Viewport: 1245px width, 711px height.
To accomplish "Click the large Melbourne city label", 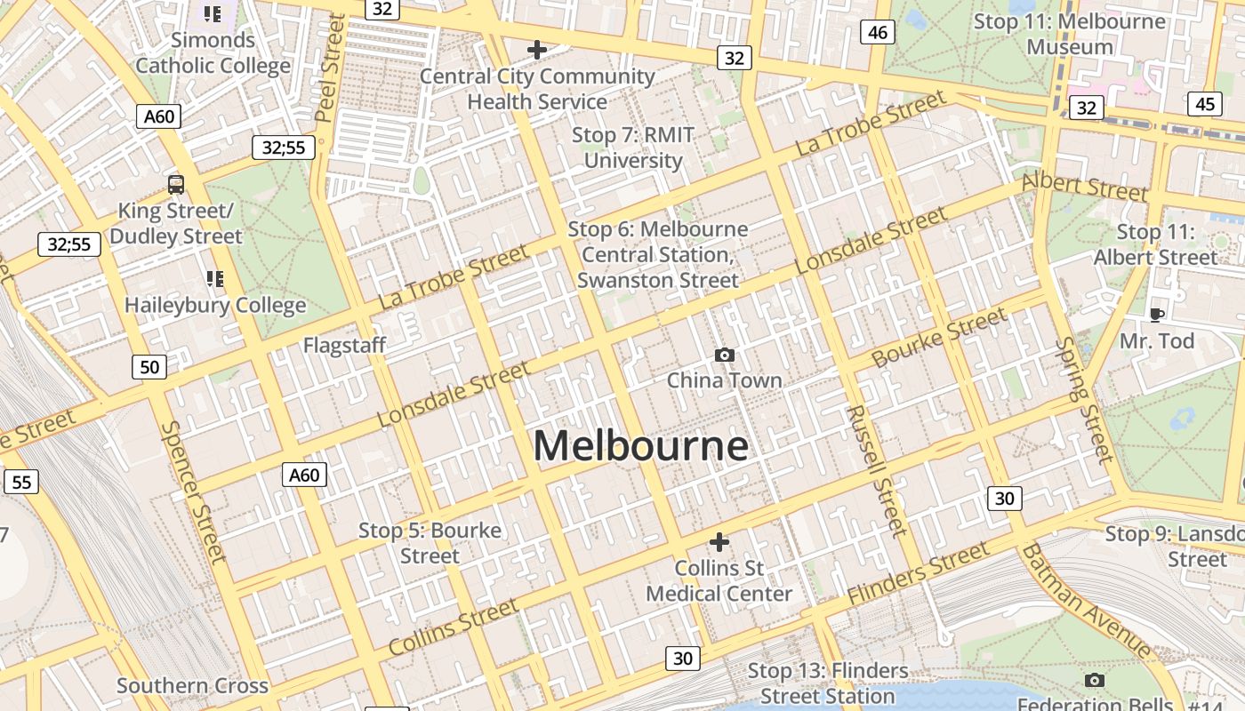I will coord(640,445).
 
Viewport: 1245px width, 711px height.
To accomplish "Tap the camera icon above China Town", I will coord(725,355).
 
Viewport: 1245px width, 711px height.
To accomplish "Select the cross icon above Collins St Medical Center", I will coord(719,541).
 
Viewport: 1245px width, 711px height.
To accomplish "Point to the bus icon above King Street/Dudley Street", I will coord(176,185).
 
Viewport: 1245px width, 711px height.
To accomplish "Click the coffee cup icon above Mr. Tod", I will coord(1156,315).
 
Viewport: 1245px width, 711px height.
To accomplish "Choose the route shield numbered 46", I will coord(877,33).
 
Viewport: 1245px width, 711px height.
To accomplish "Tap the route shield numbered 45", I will coord(1204,104).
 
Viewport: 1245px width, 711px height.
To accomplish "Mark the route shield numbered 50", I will coord(149,366).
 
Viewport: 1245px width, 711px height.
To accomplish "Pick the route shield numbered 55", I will coord(21,482).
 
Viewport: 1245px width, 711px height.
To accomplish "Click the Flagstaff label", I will coord(344,345).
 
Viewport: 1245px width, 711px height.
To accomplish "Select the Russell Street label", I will coord(876,471).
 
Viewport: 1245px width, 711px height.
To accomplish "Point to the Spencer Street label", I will coord(192,491).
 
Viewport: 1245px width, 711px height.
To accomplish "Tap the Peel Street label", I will coord(329,68).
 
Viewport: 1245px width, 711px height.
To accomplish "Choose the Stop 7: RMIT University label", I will coord(632,148).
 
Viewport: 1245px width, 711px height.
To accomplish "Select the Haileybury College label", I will coord(215,305).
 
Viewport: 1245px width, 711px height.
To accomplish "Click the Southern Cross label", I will coord(192,685).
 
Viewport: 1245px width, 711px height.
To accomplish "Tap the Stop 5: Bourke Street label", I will coord(430,543).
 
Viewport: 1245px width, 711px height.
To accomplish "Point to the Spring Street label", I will coord(1084,400).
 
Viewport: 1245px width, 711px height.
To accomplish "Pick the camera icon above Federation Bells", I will coord(1095,681).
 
